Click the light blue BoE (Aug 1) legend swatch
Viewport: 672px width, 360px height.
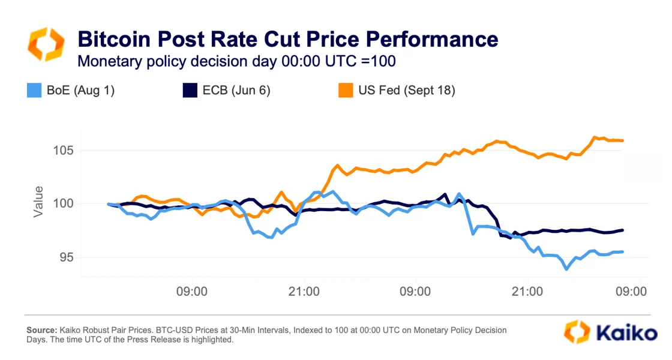34,91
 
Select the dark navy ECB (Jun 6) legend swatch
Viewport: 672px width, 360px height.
189,91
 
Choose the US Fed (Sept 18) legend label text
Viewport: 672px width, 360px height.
406,91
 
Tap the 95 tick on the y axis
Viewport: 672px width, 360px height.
65,257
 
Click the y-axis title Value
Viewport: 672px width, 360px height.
38,202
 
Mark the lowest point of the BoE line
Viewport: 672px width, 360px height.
566,269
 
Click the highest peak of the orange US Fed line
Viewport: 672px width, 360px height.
595,137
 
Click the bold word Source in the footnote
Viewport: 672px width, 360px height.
41,330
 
